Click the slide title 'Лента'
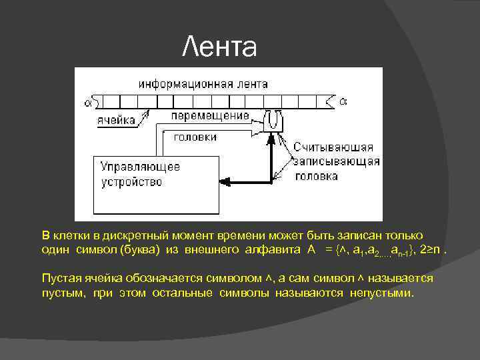point(219,47)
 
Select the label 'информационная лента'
point(203,84)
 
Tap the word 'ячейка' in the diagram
point(117,120)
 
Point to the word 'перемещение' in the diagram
point(210,115)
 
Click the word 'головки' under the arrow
point(195,137)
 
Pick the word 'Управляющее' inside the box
point(141,167)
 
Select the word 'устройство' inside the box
point(132,181)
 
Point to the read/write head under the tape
point(272,121)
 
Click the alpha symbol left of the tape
point(88,102)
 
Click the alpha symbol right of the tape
point(343,101)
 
